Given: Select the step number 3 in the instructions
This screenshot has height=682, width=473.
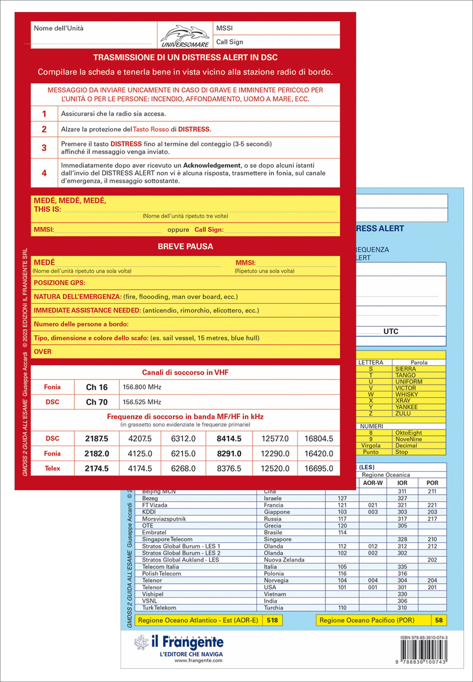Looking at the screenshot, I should coord(44,148).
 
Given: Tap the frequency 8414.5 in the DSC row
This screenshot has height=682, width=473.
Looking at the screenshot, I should coord(229,439).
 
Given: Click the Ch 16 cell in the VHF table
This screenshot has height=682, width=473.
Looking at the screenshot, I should coord(97,387).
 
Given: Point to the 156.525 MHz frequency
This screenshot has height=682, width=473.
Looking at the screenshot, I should coord(142,402).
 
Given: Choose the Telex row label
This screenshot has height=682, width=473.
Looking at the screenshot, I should coord(52,468).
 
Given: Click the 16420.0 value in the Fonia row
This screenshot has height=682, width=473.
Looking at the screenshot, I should coord(318,454).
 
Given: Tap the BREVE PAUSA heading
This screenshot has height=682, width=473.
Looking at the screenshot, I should coord(185,246).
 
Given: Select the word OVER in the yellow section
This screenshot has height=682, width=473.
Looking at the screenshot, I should coord(43,352).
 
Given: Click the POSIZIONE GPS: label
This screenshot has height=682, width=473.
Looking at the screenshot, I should coord(60,283).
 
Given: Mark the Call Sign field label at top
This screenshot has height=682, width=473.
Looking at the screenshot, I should coord(230,42).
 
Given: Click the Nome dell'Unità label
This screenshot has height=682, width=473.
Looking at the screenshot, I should coord(59,28).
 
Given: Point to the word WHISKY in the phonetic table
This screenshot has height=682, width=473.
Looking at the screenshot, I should coord(407,394).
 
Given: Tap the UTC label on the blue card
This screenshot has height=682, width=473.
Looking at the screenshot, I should coord(391,331).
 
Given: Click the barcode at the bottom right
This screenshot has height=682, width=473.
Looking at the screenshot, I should coord(424,651).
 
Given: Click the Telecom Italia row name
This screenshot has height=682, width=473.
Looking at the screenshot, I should coord(160,566).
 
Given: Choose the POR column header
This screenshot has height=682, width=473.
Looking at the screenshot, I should coord(432,483).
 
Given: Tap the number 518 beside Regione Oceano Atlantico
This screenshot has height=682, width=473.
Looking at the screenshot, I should coord(272,620).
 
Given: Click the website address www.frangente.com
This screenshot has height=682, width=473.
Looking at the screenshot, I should coord(198,660).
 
